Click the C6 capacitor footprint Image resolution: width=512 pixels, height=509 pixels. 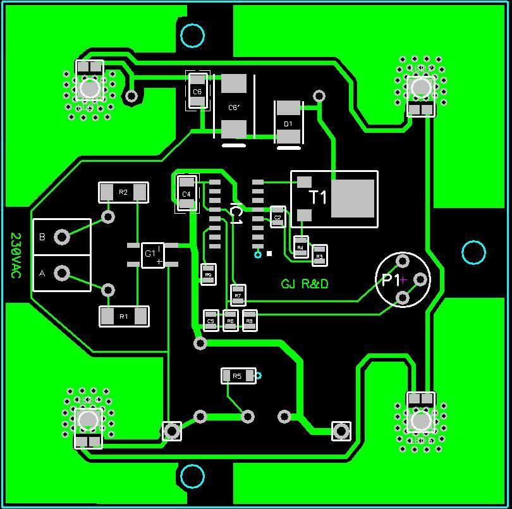197,91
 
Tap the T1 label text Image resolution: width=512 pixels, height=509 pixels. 318,198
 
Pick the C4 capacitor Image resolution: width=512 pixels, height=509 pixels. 186,193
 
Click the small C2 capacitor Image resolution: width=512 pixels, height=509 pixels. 277,217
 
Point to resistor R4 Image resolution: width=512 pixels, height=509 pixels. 301,247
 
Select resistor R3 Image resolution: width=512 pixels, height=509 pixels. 319,255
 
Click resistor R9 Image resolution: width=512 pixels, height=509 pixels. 209,274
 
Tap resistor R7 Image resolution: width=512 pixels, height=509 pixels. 238,295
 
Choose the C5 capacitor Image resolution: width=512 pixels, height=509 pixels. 210,321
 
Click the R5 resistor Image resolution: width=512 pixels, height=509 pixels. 238,376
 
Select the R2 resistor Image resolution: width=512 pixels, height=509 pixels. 123,192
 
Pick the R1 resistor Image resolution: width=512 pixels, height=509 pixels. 124,316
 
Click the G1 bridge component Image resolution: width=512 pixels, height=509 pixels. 152,255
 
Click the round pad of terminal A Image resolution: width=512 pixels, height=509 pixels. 62,273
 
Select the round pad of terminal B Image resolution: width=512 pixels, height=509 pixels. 62,237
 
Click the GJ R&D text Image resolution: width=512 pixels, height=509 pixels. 305,284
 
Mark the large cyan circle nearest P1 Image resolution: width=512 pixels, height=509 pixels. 473,252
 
